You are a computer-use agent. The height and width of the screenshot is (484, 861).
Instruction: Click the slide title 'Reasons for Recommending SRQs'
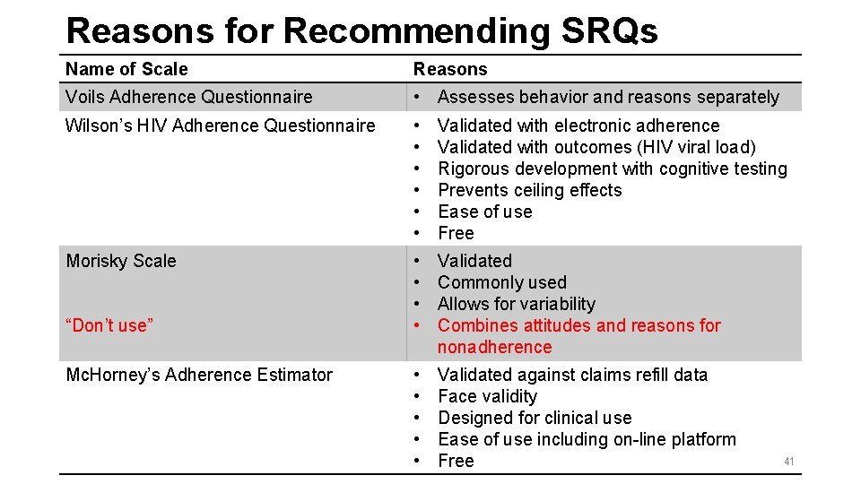[361, 30]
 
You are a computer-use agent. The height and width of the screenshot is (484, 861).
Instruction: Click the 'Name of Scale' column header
[126, 69]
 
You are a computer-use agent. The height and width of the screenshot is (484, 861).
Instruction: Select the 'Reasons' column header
[449, 69]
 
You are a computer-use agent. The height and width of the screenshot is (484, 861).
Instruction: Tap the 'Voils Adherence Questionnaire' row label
[188, 97]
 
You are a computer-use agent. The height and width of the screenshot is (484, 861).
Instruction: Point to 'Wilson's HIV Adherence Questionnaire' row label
[220, 125]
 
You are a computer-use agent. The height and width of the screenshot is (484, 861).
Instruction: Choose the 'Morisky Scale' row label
[121, 261]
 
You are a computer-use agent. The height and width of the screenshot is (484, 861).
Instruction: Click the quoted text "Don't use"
[109, 325]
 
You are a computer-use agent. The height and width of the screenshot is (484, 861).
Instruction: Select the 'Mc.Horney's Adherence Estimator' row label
[199, 375]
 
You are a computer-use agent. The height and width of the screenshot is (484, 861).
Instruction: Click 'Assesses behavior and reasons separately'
[608, 97]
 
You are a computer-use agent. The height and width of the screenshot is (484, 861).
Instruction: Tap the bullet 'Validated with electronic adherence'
[578, 125]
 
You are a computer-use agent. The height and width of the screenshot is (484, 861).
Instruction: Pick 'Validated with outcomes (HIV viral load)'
[596, 147]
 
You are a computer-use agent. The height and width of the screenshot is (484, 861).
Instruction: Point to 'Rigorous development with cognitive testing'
[612, 169]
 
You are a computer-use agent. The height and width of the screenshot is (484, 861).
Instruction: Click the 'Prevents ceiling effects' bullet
[529, 190]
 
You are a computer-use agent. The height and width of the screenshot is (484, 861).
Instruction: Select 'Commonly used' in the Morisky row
[501, 282]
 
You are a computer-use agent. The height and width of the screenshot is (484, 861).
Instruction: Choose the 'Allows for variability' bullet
[516, 304]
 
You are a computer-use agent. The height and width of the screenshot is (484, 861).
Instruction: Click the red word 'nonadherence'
[494, 347]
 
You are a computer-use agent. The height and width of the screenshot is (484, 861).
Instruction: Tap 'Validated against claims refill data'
[572, 375]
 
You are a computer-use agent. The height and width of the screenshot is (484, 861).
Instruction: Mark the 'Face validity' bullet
[487, 396]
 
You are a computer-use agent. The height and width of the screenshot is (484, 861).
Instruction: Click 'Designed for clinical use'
[535, 418]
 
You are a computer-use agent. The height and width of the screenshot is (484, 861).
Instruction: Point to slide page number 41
[789, 462]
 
